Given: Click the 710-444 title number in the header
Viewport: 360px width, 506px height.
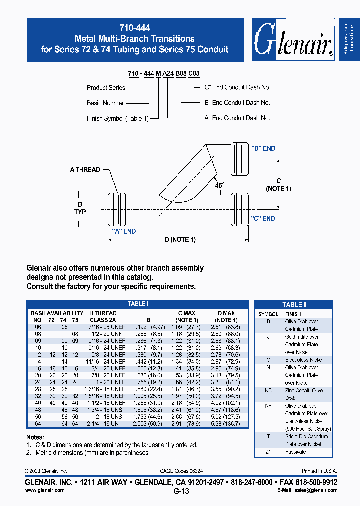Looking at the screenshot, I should click(135, 28).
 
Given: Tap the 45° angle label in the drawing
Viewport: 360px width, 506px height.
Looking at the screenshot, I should click(220, 185).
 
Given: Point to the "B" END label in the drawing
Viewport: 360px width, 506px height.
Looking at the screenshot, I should click(263, 148).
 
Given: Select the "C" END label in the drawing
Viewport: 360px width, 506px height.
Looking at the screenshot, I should click(263, 218).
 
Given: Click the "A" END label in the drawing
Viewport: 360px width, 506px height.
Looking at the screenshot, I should click(123, 231).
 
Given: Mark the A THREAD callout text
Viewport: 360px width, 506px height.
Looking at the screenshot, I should click(85, 170).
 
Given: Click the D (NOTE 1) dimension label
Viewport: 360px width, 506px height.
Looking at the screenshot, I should click(179, 240).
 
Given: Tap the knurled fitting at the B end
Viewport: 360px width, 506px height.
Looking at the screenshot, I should click(238, 159).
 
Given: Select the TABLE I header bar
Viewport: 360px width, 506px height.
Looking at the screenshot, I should click(137, 304).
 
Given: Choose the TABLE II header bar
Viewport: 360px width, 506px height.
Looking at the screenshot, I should click(294, 305).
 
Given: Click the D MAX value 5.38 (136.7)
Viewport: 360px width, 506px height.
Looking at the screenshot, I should click(226, 423).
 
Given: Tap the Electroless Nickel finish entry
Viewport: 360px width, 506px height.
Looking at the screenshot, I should click(304, 360).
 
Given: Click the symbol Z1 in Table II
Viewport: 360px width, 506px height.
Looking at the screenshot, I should click(268, 452).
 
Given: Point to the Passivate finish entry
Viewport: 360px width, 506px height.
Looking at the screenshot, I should click(295, 452).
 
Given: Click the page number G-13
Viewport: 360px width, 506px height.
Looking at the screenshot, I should click(181, 491).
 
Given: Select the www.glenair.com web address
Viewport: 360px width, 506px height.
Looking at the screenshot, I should click(45, 490).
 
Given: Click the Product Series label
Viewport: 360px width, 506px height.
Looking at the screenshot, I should click(106, 88).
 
